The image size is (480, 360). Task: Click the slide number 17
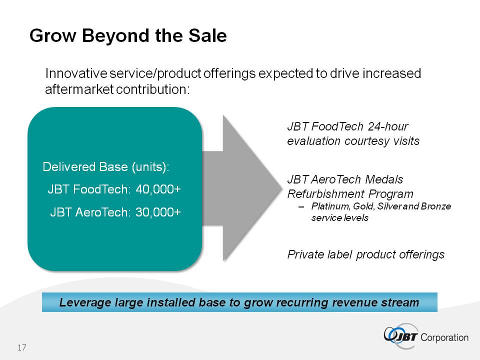21,347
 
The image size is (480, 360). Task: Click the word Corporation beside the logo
445,337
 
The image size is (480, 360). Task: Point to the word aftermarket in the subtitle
79,89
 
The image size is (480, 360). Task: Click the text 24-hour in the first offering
394,126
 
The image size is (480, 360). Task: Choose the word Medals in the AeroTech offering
383,179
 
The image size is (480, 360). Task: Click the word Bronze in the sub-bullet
436,206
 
